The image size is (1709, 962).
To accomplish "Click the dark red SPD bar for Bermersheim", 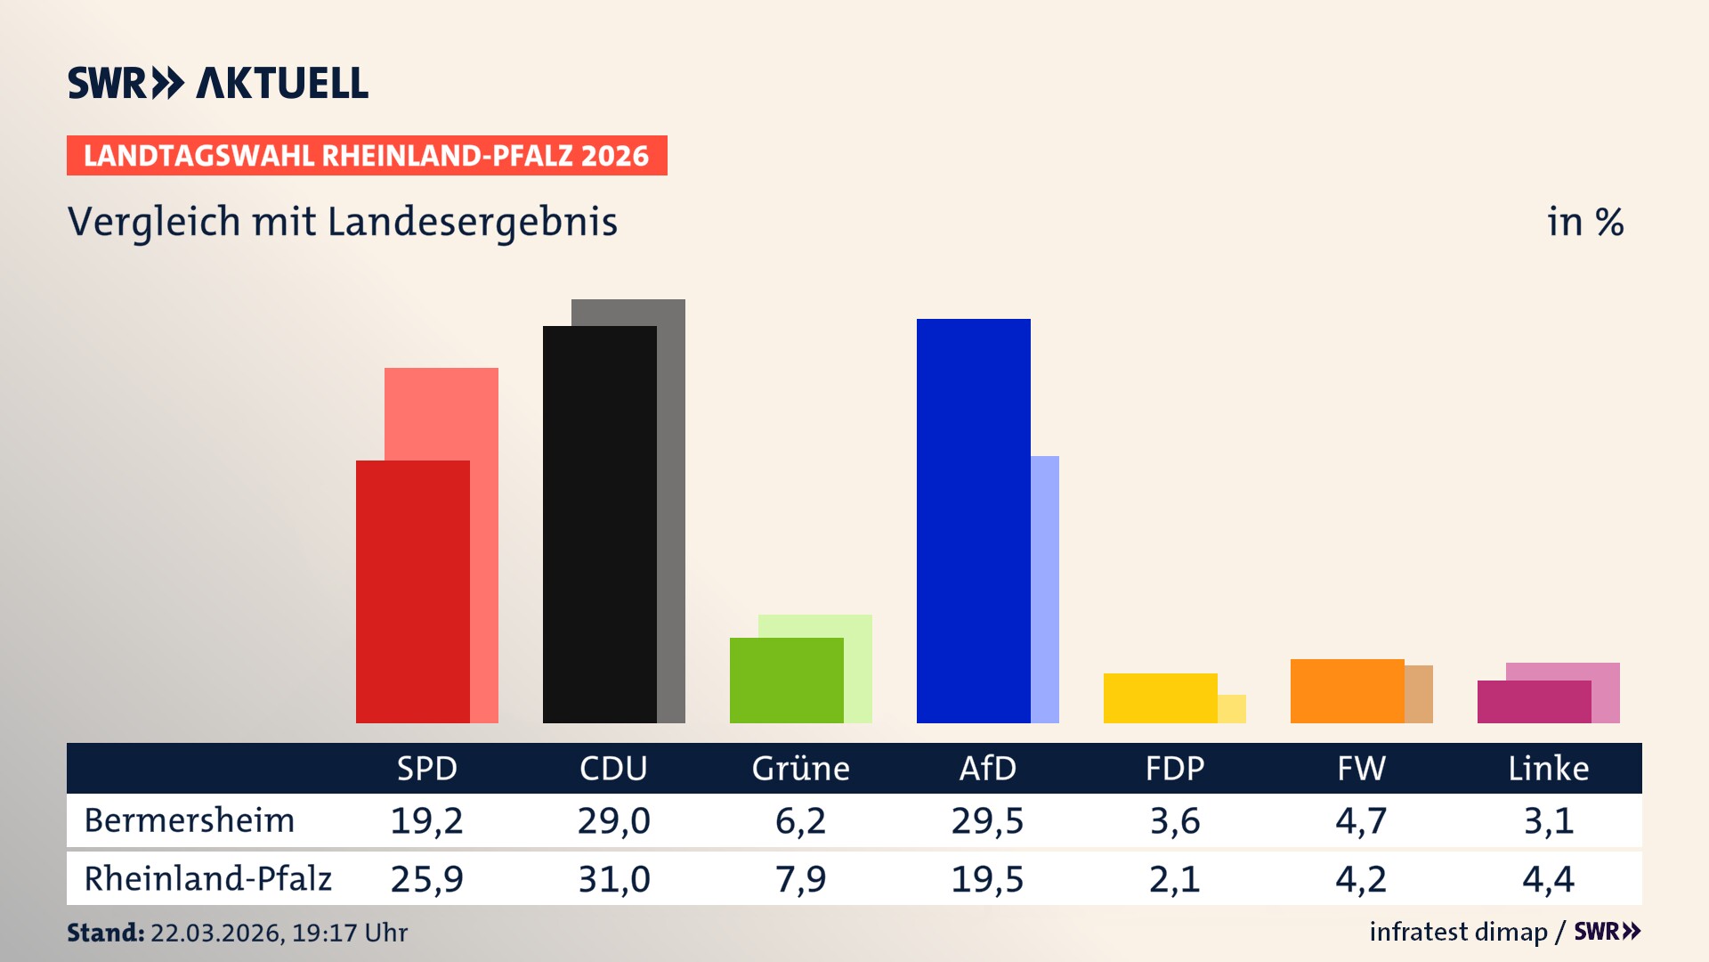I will coord(412,591).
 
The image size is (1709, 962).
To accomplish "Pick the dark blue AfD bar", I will coord(973,520).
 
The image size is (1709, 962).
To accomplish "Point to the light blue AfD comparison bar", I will coord(1045,588).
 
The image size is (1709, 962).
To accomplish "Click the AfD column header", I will coord(987,768).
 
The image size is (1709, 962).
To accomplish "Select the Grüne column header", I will coord(800,768).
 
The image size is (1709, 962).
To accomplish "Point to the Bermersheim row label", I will coord(189,820).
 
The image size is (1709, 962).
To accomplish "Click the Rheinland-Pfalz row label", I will coord(207,879).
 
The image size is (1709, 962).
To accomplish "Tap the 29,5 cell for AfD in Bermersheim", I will coord(987,820).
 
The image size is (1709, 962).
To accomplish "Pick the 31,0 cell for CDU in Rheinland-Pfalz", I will coord(613,879).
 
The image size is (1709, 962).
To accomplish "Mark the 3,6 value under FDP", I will coord(1174,820).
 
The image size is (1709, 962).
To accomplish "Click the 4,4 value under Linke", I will coord(1548,879).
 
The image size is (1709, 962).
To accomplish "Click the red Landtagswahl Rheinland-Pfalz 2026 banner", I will coord(367,156).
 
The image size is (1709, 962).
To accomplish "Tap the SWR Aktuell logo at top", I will coord(218,83).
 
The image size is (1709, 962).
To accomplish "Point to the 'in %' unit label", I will coord(1584,223).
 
